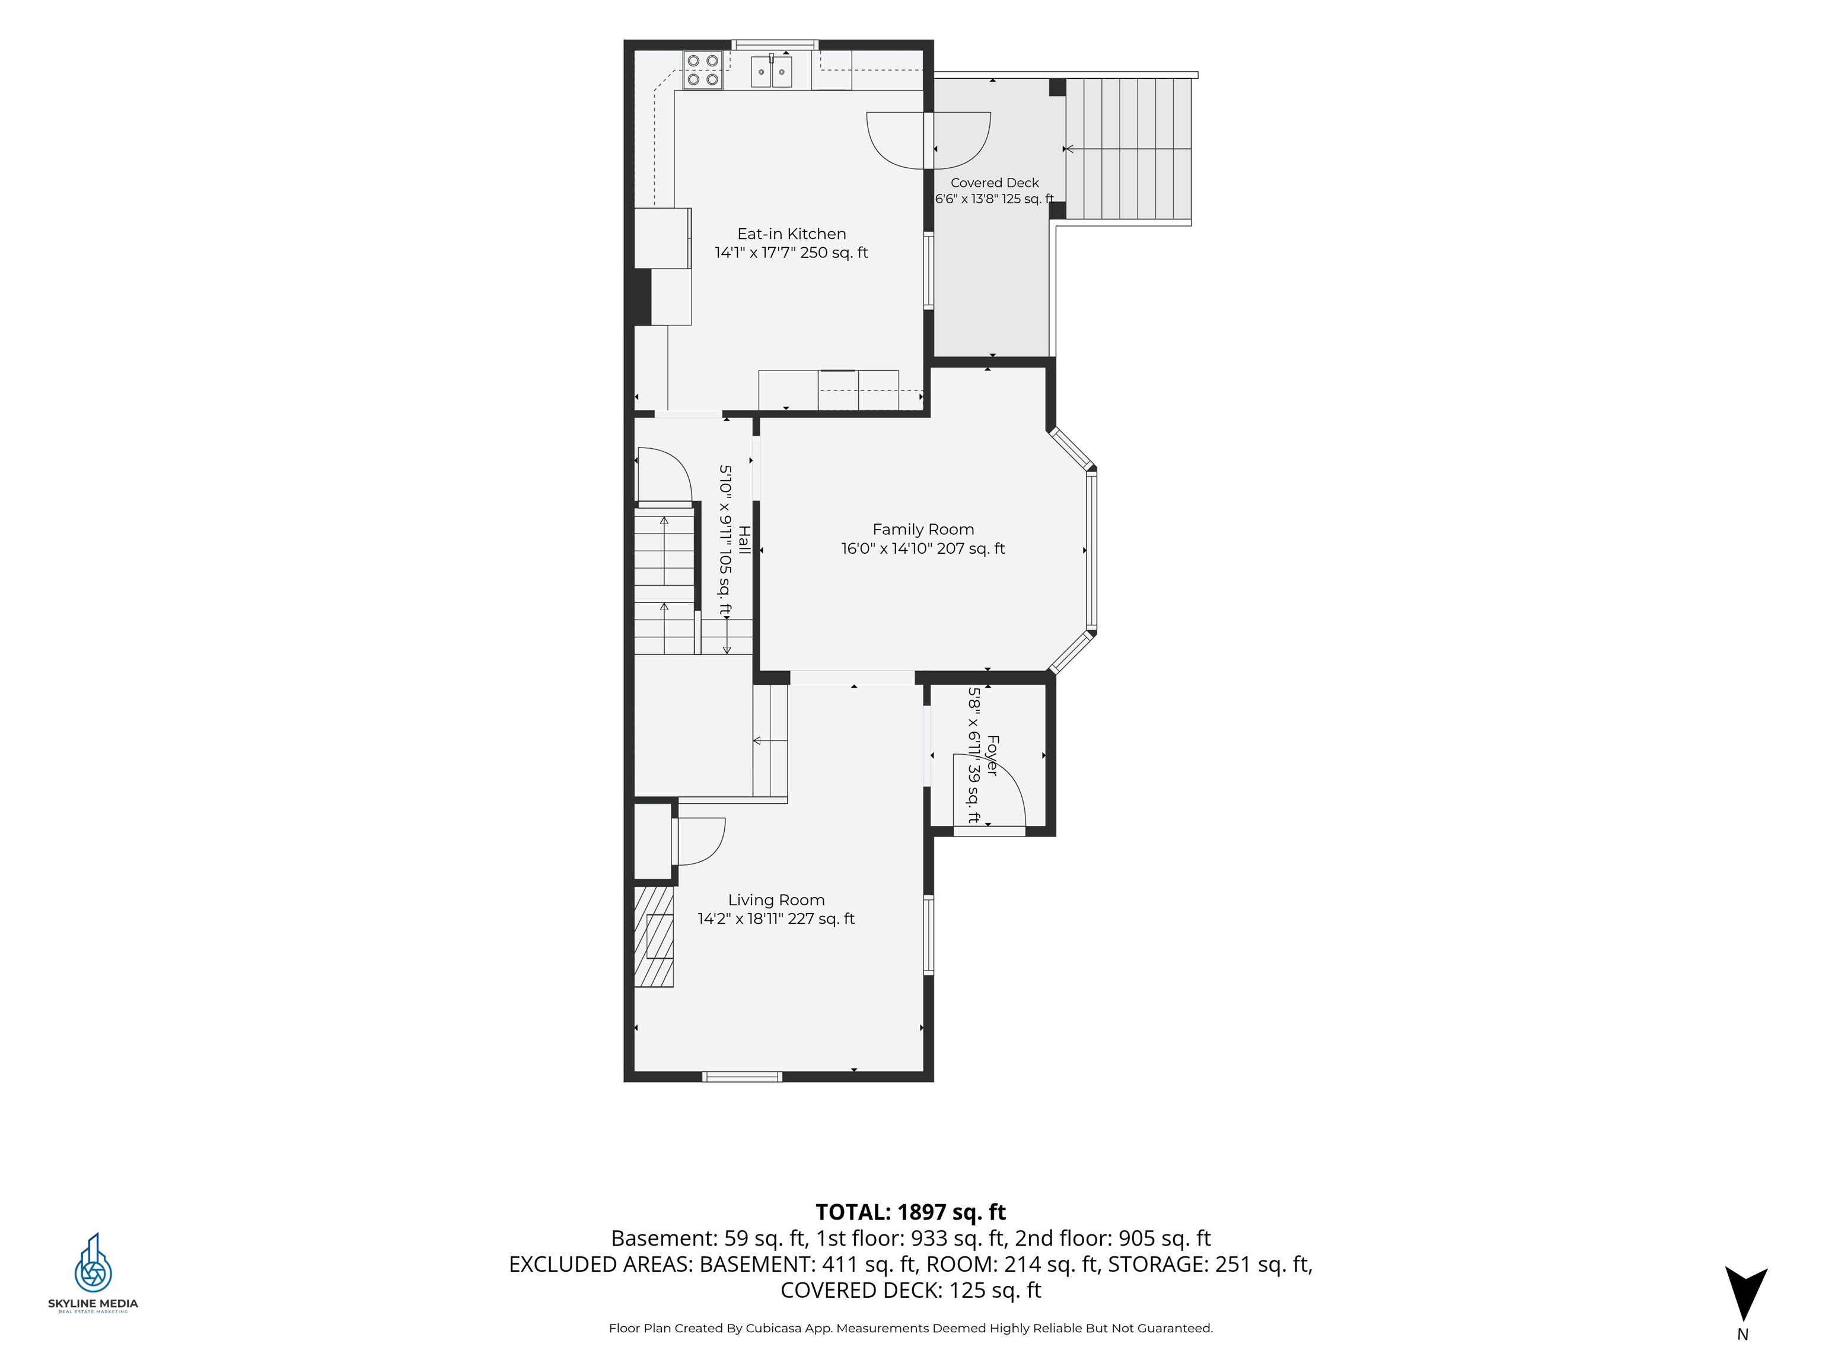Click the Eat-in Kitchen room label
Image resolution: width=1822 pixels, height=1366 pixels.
click(792, 234)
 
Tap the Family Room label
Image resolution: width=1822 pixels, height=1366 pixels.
click(923, 529)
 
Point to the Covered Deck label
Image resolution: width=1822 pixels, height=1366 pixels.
click(994, 183)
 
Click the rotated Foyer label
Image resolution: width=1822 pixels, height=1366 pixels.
click(992, 755)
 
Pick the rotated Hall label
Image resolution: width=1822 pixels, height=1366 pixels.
click(744, 540)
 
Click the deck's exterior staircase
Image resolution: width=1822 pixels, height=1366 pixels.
click(1129, 149)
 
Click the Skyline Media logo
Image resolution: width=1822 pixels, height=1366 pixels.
click(93, 1273)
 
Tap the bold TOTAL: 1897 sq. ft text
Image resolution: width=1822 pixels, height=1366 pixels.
click(910, 1212)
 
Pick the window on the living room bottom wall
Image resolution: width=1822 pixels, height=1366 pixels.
click(742, 1076)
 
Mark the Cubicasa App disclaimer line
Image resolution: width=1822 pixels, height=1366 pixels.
click(910, 1328)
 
